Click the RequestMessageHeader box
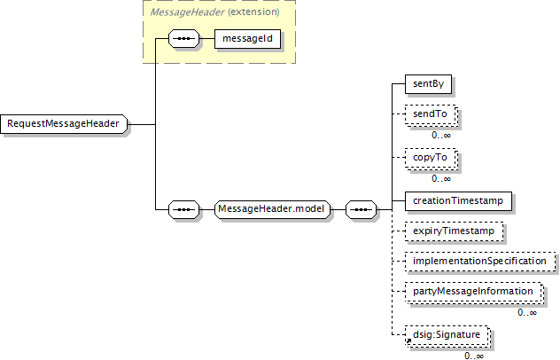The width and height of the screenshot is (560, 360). [64, 124]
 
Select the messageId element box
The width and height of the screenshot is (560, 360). [247, 39]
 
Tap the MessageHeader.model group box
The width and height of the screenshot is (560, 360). [273, 209]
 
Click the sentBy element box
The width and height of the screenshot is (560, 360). [428, 84]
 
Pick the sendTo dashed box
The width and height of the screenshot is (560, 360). [431, 114]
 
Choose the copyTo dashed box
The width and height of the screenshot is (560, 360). [431, 158]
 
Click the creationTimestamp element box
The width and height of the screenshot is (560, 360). [458, 201]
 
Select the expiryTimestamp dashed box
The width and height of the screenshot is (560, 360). [454, 231]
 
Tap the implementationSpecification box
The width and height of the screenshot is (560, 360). [481, 262]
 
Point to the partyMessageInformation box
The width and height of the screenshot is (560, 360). [474, 292]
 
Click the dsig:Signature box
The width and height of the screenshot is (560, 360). [447, 336]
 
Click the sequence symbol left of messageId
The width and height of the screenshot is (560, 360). [183, 39]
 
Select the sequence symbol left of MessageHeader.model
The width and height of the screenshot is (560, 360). [183, 209]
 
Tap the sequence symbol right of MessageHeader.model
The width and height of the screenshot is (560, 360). [361, 209]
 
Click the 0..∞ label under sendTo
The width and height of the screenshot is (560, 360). [441, 135]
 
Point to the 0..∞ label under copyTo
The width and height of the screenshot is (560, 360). [441, 178]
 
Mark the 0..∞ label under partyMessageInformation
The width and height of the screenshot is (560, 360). [527, 312]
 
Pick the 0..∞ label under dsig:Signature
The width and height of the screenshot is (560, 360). [474, 356]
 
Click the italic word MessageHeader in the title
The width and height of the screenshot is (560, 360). [188, 12]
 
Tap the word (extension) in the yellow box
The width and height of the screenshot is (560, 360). [253, 12]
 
